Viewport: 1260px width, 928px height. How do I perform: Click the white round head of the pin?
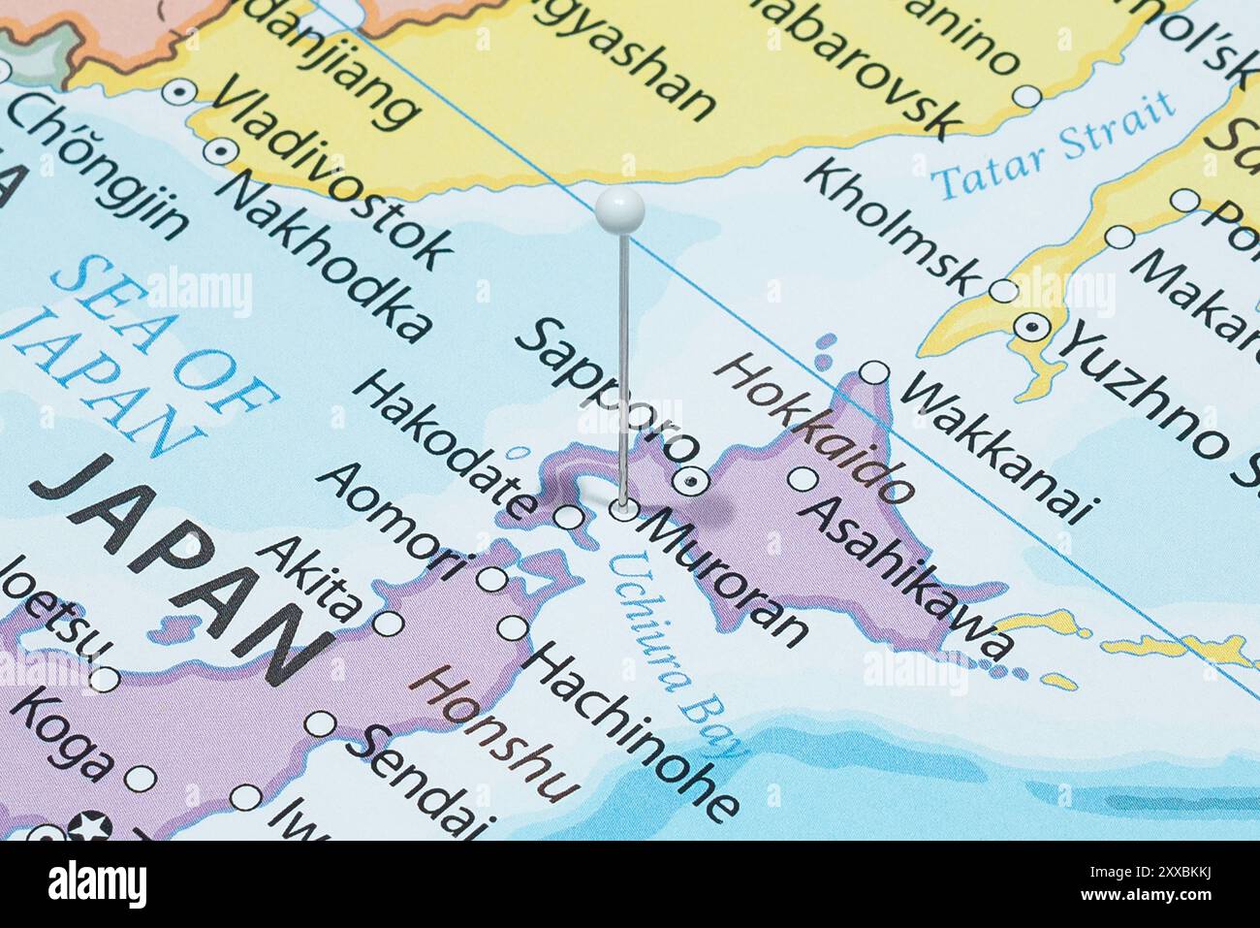coord(620,209)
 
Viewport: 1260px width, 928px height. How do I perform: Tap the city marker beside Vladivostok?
coord(221,151)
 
